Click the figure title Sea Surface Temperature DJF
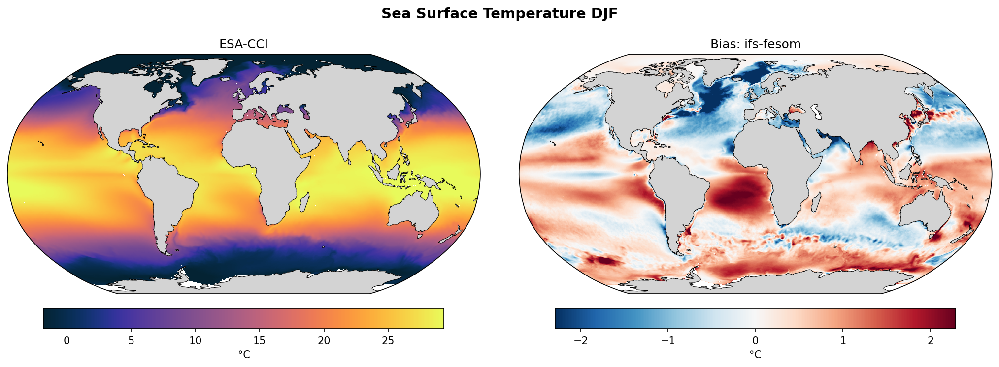click(x=499, y=14)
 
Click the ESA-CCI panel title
click(x=243, y=44)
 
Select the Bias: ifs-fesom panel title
click(x=755, y=44)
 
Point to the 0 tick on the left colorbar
click(x=67, y=340)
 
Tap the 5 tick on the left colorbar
click(x=131, y=340)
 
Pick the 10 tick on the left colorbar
click(x=196, y=340)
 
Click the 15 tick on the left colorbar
click(x=260, y=340)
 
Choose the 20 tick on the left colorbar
click(x=324, y=340)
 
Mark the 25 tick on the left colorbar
click(x=388, y=340)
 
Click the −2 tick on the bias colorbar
click(x=581, y=340)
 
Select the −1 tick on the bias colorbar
click(x=668, y=340)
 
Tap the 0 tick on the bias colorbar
click(x=755, y=340)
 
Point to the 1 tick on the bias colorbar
click(x=843, y=340)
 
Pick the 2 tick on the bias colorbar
click(x=930, y=340)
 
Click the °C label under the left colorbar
click(x=244, y=354)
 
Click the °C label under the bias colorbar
click(x=755, y=354)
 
